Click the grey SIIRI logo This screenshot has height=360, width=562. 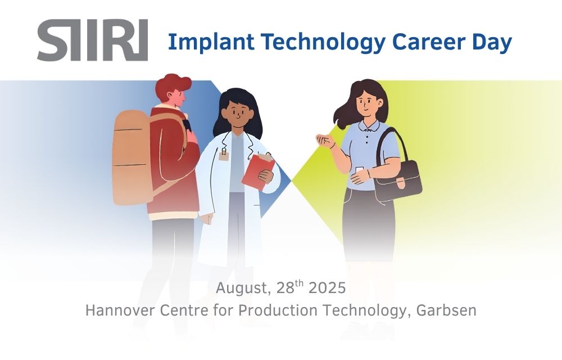[x=93, y=40]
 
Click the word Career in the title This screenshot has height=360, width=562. [x=428, y=42]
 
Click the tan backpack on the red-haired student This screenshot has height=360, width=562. [x=131, y=157]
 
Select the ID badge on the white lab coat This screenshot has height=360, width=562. [x=224, y=156]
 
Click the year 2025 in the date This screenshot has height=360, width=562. [x=327, y=288]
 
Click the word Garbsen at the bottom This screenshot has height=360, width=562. [x=447, y=310]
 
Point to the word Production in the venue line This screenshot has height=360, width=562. [x=278, y=310]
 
